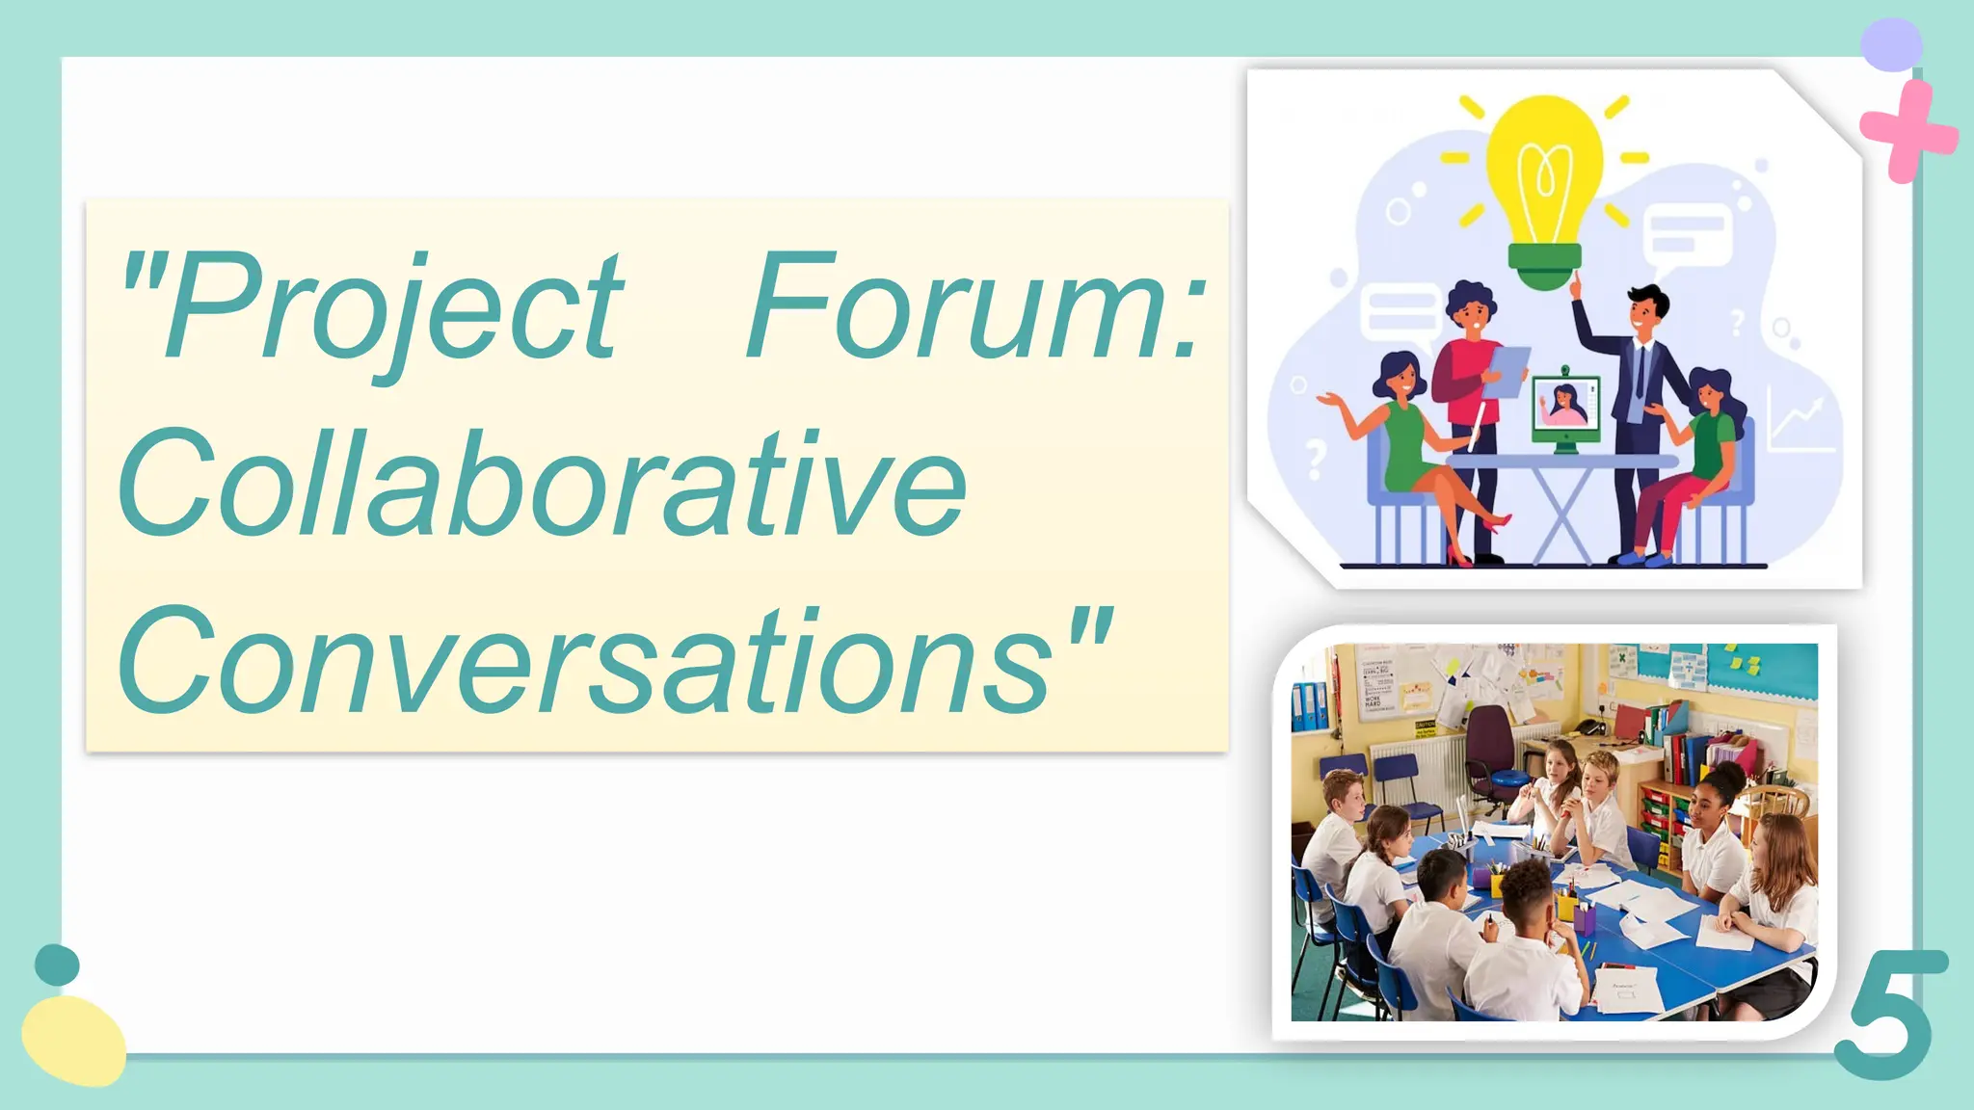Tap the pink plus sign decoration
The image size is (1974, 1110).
click(x=1907, y=132)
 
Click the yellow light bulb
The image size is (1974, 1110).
click(x=1544, y=173)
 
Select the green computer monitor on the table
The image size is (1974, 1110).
click(x=1565, y=410)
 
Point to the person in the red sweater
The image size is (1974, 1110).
click(x=1467, y=366)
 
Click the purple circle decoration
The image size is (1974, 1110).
click(x=1891, y=44)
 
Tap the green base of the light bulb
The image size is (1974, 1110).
click(x=1544, y=265)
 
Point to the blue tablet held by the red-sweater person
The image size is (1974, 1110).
click(x=1506, y=371)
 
